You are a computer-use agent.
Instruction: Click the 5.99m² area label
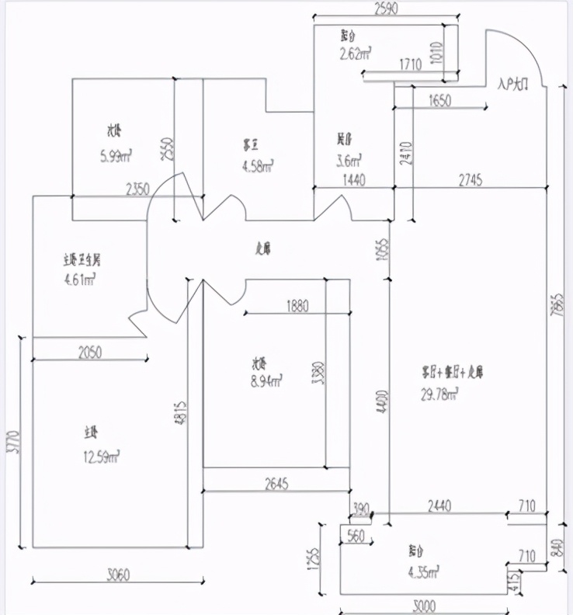[115, 156]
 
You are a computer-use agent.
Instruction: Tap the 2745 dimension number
[470, 180]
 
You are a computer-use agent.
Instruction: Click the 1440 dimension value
[353, 180]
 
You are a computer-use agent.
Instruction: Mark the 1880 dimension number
[297, 306]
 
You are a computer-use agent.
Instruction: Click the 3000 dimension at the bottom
[423, 606]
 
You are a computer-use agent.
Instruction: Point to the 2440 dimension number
[439, 506]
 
